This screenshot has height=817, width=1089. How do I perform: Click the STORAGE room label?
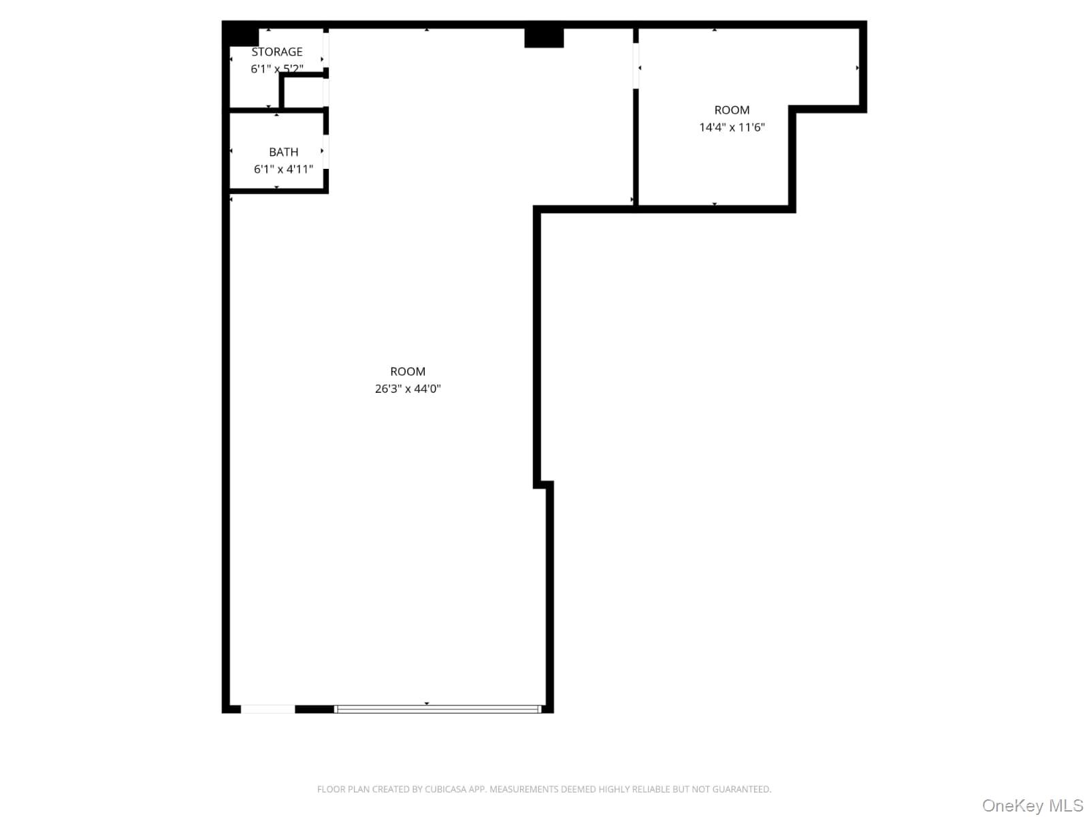point(277,52)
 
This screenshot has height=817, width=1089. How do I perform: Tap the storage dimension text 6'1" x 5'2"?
point(277,69)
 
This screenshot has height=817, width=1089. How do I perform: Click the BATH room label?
point(283,152)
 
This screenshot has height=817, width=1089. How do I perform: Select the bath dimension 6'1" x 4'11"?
point(283,169)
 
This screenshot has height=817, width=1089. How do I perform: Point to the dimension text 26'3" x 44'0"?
point(408,389)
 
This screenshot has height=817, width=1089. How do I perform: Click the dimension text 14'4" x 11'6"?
point(732,127)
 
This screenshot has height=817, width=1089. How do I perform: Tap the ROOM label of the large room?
point(408,371)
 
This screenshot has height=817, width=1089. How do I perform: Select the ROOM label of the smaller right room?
point(732,110)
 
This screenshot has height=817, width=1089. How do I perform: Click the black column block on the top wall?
point(544,37)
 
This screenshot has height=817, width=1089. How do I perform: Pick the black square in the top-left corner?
point(240,34)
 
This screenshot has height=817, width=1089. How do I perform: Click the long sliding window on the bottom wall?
point(438,709)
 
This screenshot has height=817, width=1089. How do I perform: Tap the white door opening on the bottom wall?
point(267,709)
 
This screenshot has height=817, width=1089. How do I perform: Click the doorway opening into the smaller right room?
point(636,66)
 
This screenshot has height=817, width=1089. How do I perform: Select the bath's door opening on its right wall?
point(326,151)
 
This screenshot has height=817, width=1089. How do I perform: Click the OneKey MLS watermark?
point(1032,806)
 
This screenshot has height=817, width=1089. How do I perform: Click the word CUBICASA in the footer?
point(446,790)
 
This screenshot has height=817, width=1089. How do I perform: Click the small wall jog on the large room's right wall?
point(544,484)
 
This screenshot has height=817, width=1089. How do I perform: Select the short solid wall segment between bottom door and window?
point(314,709)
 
